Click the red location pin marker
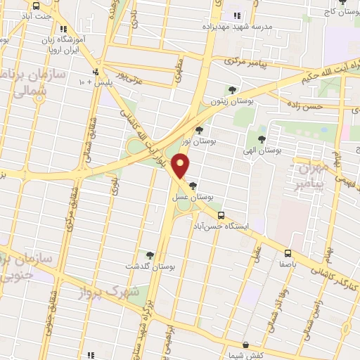(x=182, y=166)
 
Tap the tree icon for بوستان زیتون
(x=233, y=89)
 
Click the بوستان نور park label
(x=198, y=142)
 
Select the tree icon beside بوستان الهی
(x=262, y=139)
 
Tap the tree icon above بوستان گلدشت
(x=150, y=255)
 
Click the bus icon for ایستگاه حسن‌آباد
(x=221, y=215)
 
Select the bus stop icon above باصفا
(x=288, y=253)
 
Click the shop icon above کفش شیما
(x=244, y=345)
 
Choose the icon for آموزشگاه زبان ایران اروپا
(x=64, y=30)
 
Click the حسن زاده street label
(x=307, y=105)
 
